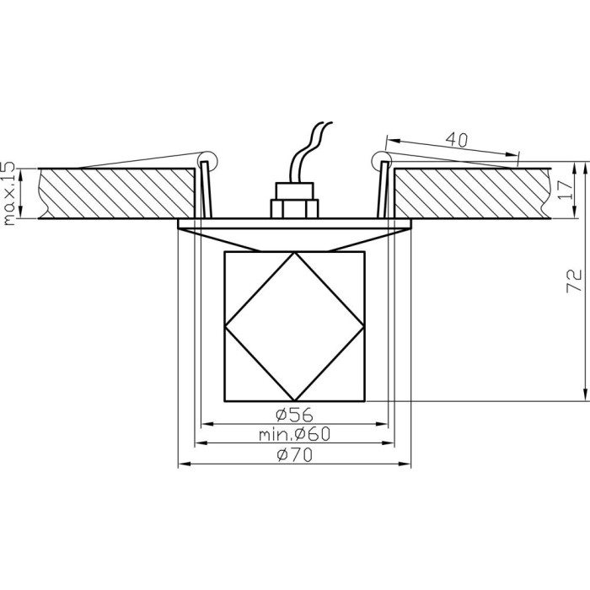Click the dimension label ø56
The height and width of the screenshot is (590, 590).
tap(294, 415)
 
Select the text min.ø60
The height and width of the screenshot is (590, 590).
tap(294, 434)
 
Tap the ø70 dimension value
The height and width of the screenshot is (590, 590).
tap(294, 455)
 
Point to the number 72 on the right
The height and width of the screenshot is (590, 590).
tap(574, 281)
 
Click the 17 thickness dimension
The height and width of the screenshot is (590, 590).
tap(565, 190)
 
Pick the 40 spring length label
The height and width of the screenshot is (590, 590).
tap(457, 140)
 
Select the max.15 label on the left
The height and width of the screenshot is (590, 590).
tap(8, 193)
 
